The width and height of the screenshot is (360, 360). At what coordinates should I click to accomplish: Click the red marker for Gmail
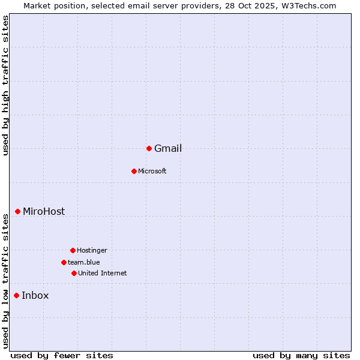point(149,148)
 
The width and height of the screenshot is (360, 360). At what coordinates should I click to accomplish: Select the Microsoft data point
point(134,171)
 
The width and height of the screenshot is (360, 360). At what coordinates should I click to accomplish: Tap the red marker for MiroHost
point(18,211)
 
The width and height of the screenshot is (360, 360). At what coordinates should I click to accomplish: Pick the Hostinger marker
point(73,250)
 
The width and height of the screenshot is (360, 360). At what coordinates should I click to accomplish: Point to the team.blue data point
point(64,262)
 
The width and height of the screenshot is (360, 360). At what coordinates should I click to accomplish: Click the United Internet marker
point(74,273)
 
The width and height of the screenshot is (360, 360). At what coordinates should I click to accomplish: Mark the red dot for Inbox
point(17,295)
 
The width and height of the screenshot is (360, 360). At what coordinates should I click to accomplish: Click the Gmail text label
point(168,149)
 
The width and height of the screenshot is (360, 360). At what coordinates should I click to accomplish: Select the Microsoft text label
point(152,171)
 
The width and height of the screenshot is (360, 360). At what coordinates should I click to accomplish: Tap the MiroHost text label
point(44,211)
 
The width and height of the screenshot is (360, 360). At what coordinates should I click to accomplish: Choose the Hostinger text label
point(92,250)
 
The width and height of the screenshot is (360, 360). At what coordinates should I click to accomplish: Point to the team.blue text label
point(83,262)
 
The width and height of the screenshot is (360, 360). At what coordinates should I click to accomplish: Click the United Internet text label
point(102,273)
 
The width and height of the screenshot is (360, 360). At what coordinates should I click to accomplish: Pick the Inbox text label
point(35,295)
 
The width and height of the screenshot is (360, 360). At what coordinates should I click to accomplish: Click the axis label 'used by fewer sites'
point(62,355)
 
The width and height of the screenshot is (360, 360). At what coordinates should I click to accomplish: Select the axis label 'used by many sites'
point(301,355)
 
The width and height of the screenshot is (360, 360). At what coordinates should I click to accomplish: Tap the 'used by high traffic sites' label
point(5,85)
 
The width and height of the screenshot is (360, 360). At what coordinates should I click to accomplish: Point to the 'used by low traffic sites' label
point(5,281)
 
